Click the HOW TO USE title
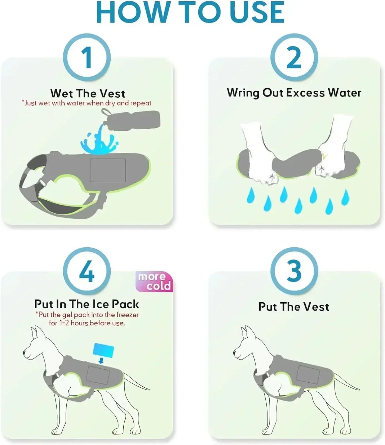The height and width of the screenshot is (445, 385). tap(190, 12)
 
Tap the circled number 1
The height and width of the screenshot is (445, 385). tap(87, 58)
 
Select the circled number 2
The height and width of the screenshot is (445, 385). tap(294, 58)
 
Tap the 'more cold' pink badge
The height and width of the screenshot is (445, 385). tap(154, 281)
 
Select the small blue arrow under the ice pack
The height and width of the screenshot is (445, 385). tap(101, 361)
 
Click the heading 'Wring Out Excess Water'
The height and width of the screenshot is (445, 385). tap(294, 93)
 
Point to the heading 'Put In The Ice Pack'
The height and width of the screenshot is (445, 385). tap(87, 304)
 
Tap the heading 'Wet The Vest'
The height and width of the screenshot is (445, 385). tap(88, 93)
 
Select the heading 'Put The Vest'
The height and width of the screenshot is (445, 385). tap(294, 307)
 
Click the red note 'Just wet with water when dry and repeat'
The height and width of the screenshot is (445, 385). tap(87, 103)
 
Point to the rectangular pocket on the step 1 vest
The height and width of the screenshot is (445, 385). tap(108, 170)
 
